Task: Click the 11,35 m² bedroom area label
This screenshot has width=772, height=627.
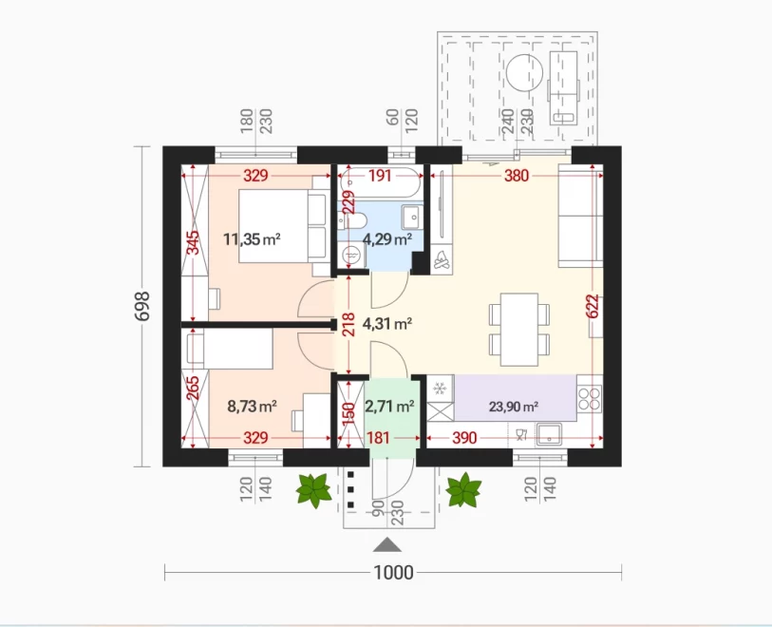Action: [x=252, y=239]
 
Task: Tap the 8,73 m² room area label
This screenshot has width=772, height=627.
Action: [x=252, y=407]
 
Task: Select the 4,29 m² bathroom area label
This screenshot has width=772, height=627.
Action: [x=387, y=239]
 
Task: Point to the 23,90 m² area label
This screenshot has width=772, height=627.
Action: [x=514, y=407]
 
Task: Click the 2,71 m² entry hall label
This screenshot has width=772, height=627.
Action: [x=389, y=407]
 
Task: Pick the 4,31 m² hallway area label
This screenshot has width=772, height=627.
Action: [x=387, y=324]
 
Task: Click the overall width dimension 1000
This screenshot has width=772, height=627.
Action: [x=393, y=572]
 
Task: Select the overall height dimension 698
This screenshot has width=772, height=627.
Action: [x=142, y=306]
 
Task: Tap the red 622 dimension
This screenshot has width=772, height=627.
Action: [x=593, y=306]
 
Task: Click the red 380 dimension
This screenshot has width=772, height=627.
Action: [x=517, y=176]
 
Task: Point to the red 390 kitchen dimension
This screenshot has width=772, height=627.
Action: [x=464, y=437]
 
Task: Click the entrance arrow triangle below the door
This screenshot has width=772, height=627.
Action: [x=387, y=544]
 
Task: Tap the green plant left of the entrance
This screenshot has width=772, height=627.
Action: [x=313, y=490]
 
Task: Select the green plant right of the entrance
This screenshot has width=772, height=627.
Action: [x=463, y=489]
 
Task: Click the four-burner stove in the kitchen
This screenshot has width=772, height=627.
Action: [x=590, y=398]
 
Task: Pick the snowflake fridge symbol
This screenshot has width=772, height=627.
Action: [x=440, y=389]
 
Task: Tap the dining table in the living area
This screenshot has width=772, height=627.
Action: [x=518, y=330]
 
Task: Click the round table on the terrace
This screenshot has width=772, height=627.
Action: [x=524, y=72]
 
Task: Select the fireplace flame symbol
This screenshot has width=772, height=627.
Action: [x=442, y=259]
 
